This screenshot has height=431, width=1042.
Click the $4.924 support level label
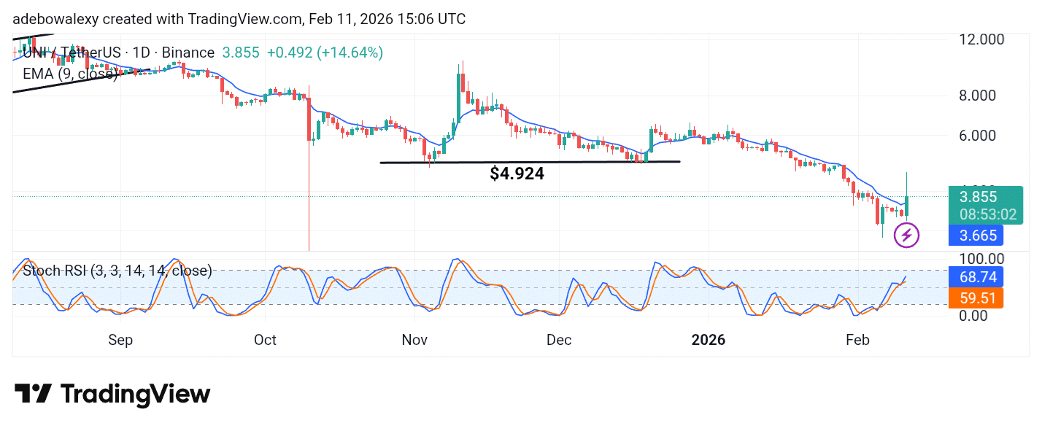[517, 174]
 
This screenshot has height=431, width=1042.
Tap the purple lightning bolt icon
[907, 235]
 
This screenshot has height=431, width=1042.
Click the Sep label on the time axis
[120, 340]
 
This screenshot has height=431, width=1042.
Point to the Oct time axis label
[266, 340]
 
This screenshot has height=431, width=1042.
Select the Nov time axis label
[414, 340]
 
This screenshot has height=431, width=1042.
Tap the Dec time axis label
[559, 340]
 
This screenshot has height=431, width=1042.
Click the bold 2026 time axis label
[708, 340]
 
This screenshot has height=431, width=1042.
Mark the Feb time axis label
[857, 340]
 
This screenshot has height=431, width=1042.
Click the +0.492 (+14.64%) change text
[325, 53]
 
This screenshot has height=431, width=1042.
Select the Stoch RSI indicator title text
[117, 271]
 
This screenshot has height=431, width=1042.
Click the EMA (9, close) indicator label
[69, 73]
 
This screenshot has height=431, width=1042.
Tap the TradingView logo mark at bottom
[33, 395]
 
